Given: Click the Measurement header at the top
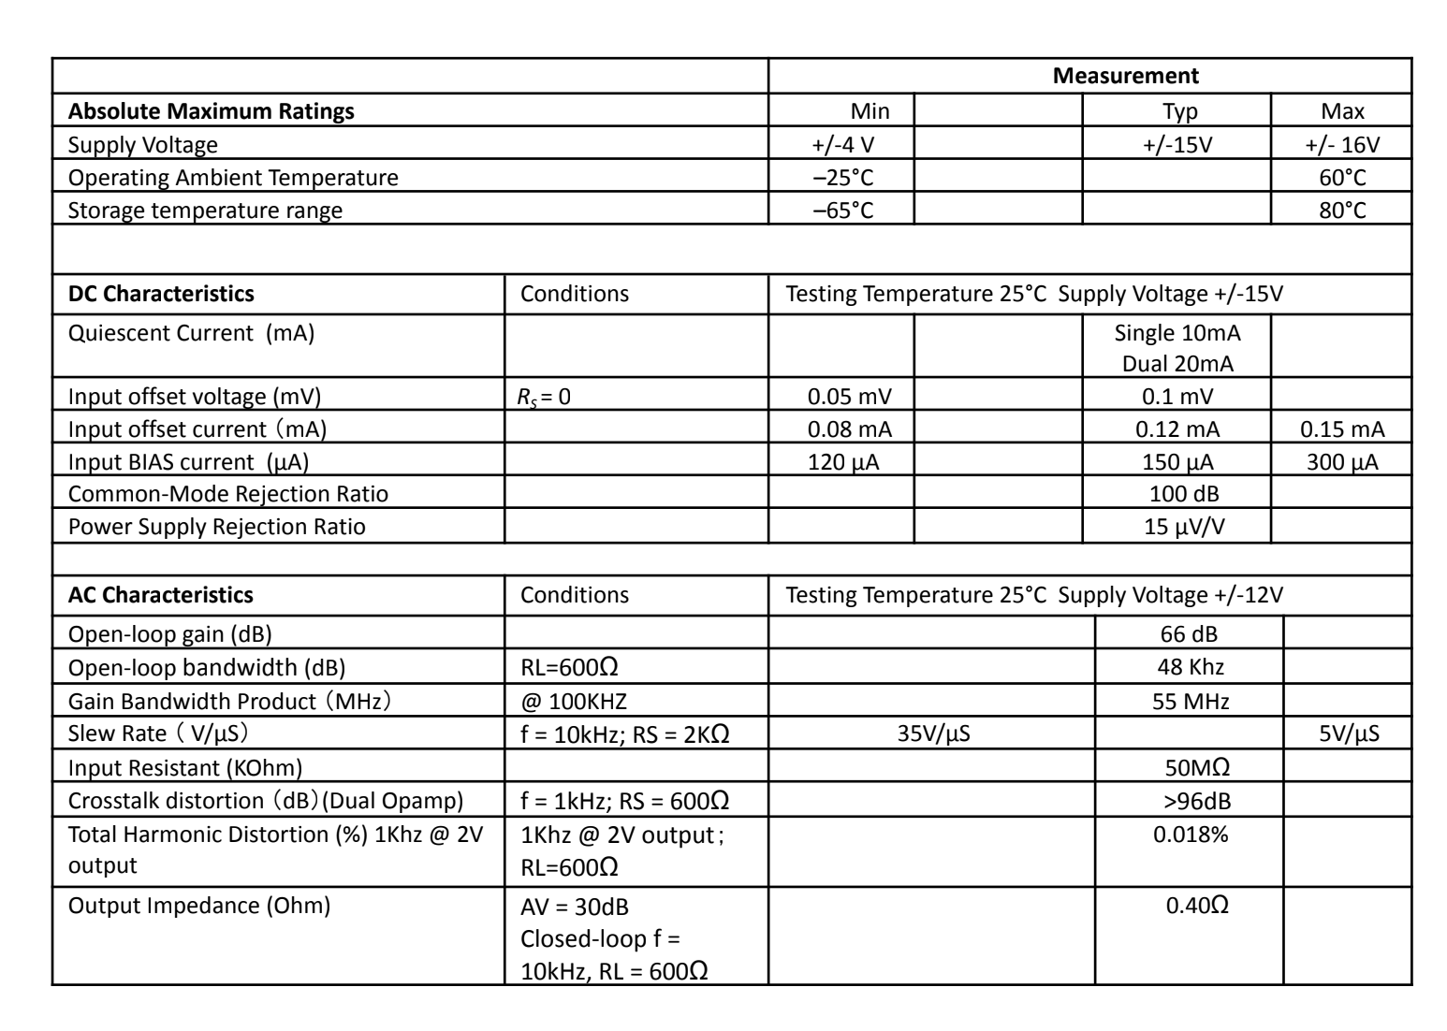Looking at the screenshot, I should (x=1125, y=76).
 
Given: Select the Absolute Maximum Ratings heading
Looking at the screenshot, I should (x=212, y=111).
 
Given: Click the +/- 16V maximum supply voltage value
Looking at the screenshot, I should (x=1342, y=145).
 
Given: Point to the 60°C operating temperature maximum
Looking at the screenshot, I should (x=1342, y=178).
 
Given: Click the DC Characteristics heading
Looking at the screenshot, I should (x=161, y=294).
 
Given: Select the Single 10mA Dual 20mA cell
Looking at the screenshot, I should (x=1177, y=347).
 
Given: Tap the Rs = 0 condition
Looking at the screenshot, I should (x=545, y=397).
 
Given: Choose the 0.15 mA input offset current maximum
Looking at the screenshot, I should (x=1342, y=429).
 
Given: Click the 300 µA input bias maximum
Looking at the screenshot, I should (x=1342, y=462).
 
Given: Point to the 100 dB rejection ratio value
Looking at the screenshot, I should (x=1184, y=494).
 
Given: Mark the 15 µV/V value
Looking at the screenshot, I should (x=1184, y=527).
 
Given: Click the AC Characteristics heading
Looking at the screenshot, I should (x=161, y=595).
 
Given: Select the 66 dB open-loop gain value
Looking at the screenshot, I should (x=1189, y=634).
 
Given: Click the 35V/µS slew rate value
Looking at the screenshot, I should (x=933, y=733).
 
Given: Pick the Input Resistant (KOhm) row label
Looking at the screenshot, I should (x=185, y=768).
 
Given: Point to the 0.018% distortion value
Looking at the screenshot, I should (x=1191, y=835).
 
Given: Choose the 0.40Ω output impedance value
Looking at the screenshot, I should (x=1197, y=906).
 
